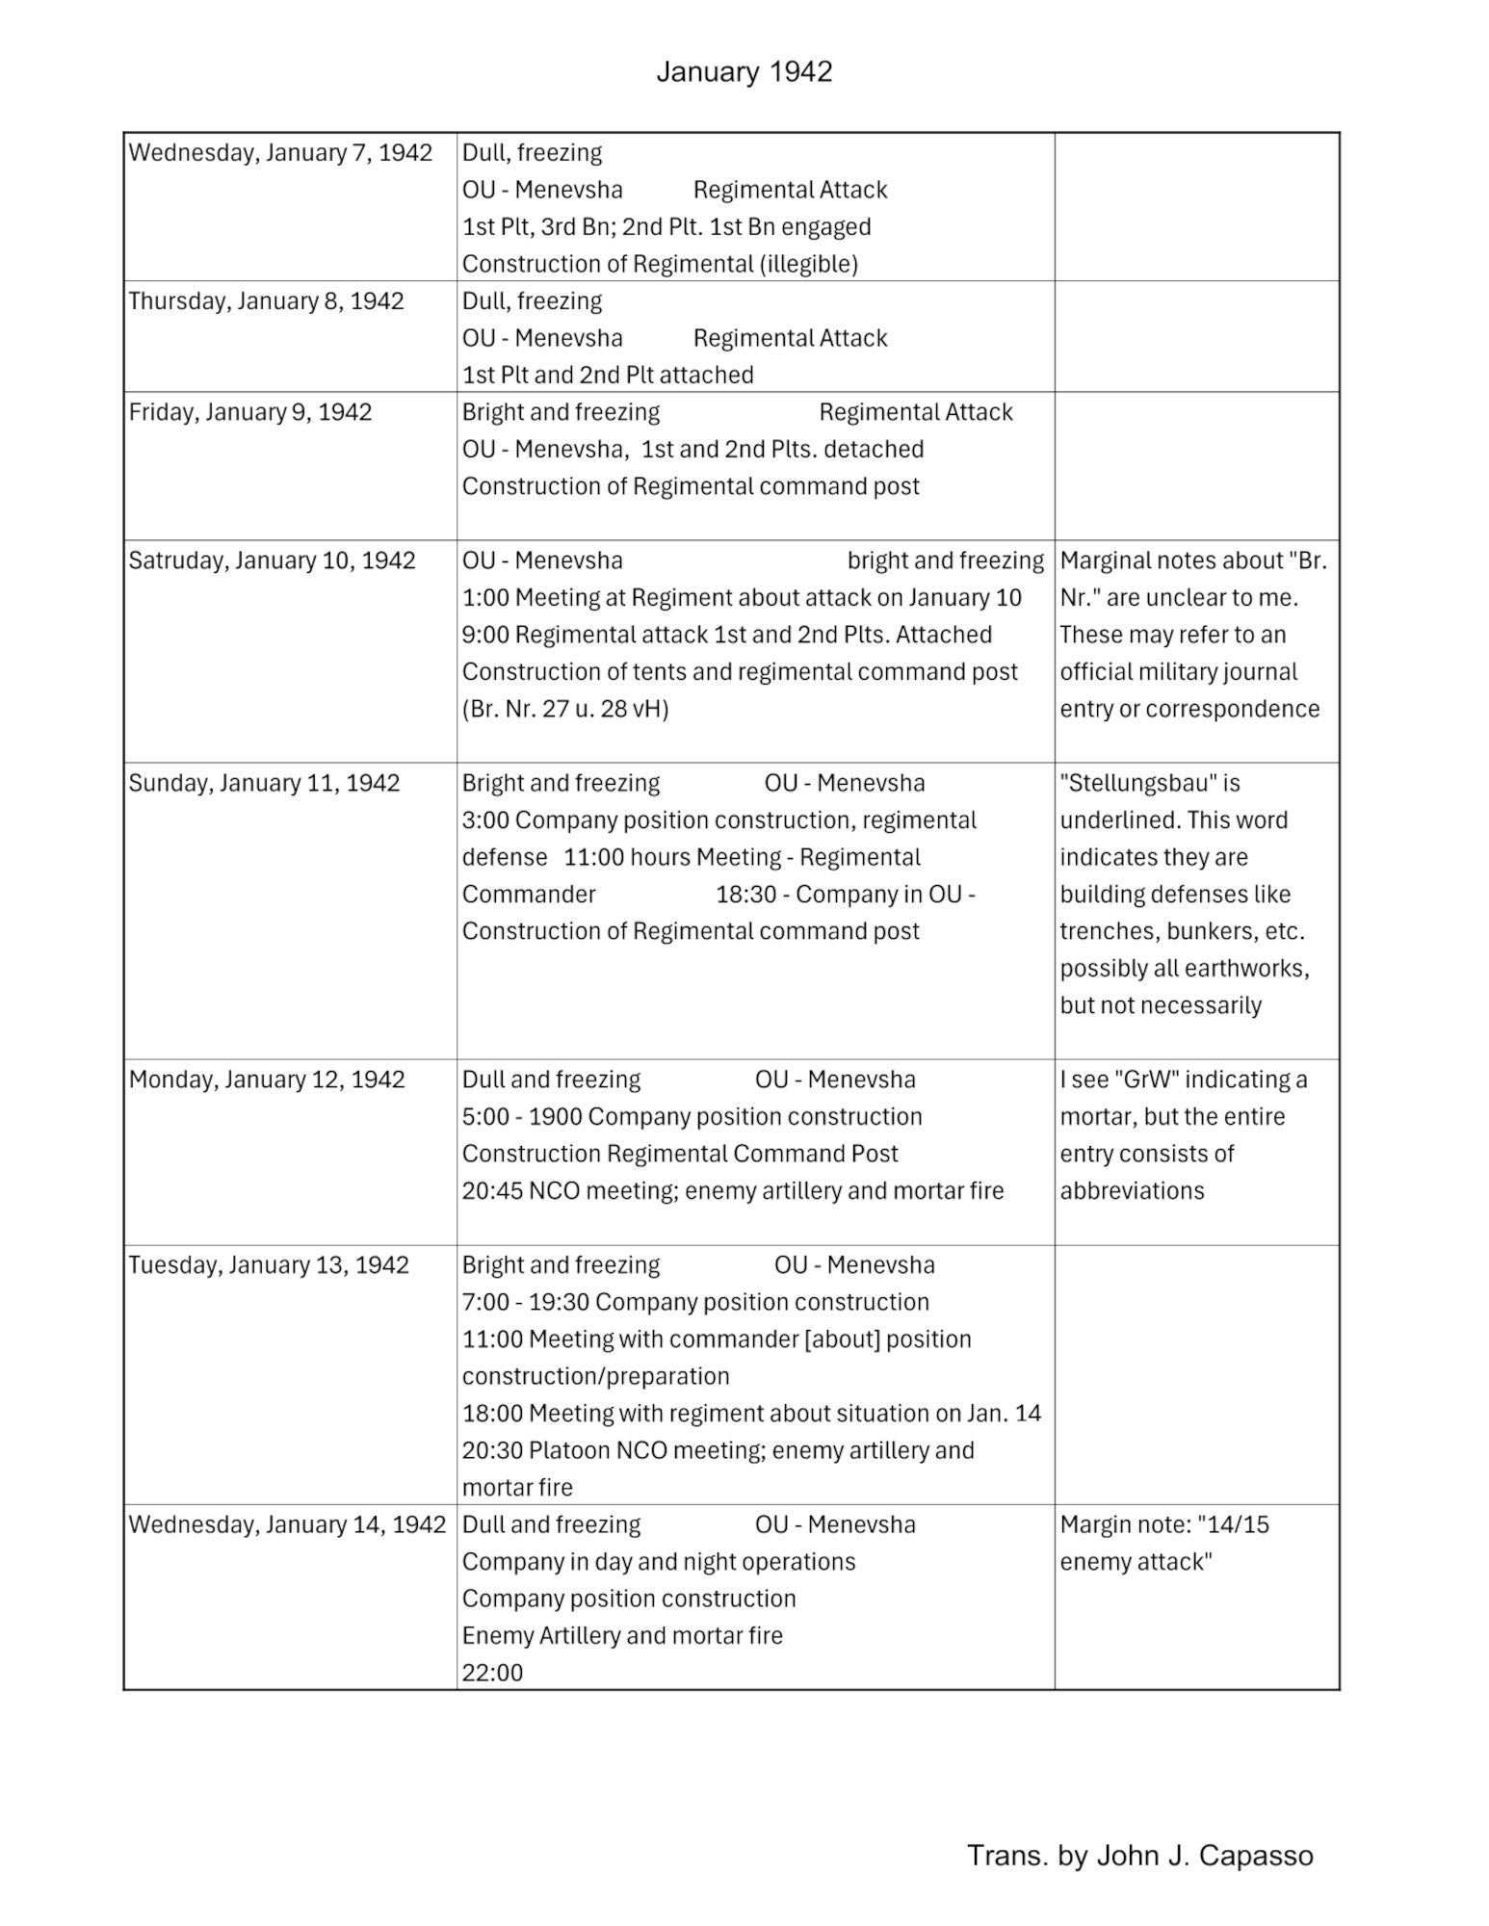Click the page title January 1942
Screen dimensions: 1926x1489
click(x=744, y=72)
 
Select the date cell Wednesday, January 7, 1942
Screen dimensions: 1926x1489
click(x=280, y=153)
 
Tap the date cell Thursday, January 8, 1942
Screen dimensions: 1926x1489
click(x=266, y=301)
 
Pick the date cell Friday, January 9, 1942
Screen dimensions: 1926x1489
click(x=249, y=412)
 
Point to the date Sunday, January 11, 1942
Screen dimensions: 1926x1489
click(x=264, y=783)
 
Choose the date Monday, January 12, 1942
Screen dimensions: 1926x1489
click(x=267, y=1080)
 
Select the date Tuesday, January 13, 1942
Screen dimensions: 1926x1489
click(x=269, y=1264)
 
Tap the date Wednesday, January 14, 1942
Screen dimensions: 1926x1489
click(x=287, y=1524)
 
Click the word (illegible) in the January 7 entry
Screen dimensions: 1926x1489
click(x=809, y=264)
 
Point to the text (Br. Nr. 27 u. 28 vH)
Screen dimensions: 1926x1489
click(x=565, y=709)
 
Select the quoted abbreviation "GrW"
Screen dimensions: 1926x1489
click(x=1146, y=1080)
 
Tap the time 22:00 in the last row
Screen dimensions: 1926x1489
click(x=492, y=1673)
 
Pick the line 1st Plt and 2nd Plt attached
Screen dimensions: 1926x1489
click(x=608, y=376)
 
